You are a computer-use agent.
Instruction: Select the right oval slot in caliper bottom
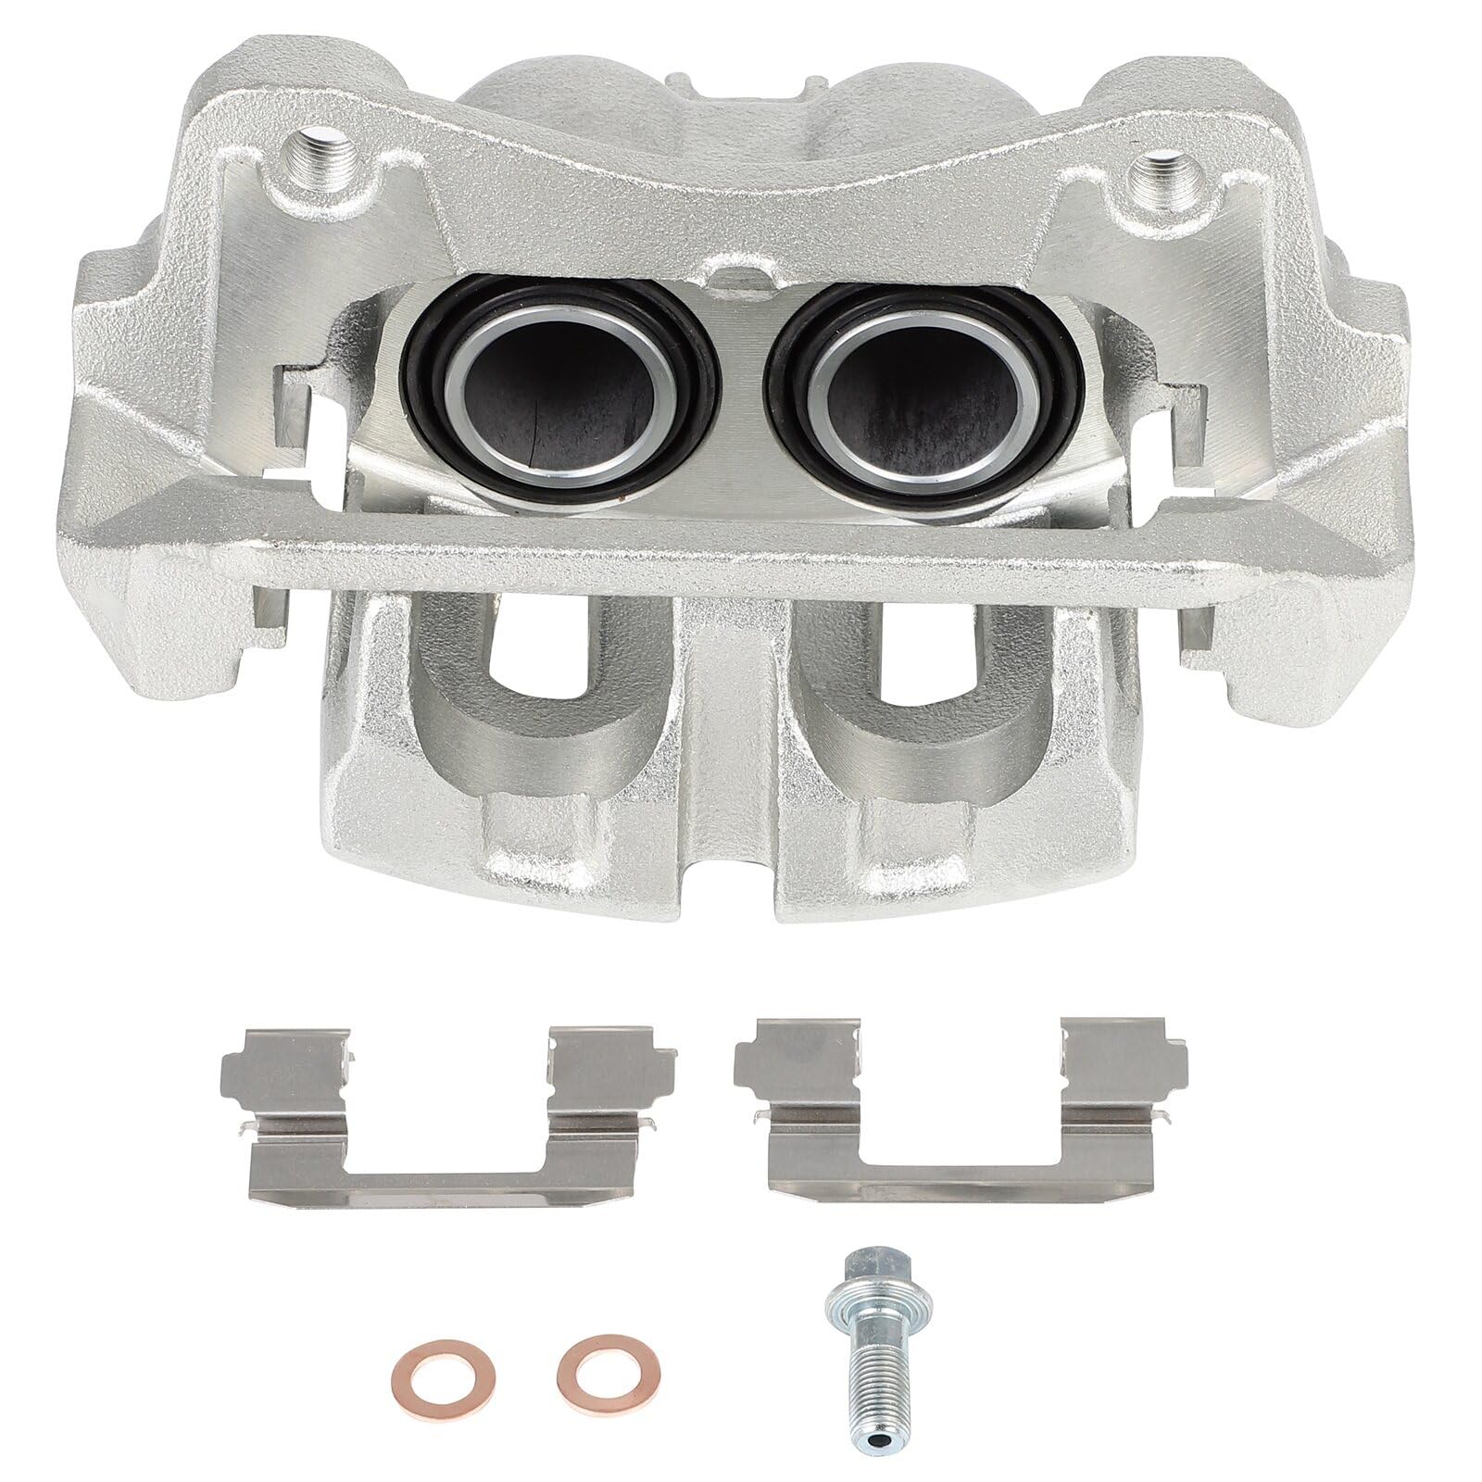pos(925,685)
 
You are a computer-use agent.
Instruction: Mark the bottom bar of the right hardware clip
pos(963,1174)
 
